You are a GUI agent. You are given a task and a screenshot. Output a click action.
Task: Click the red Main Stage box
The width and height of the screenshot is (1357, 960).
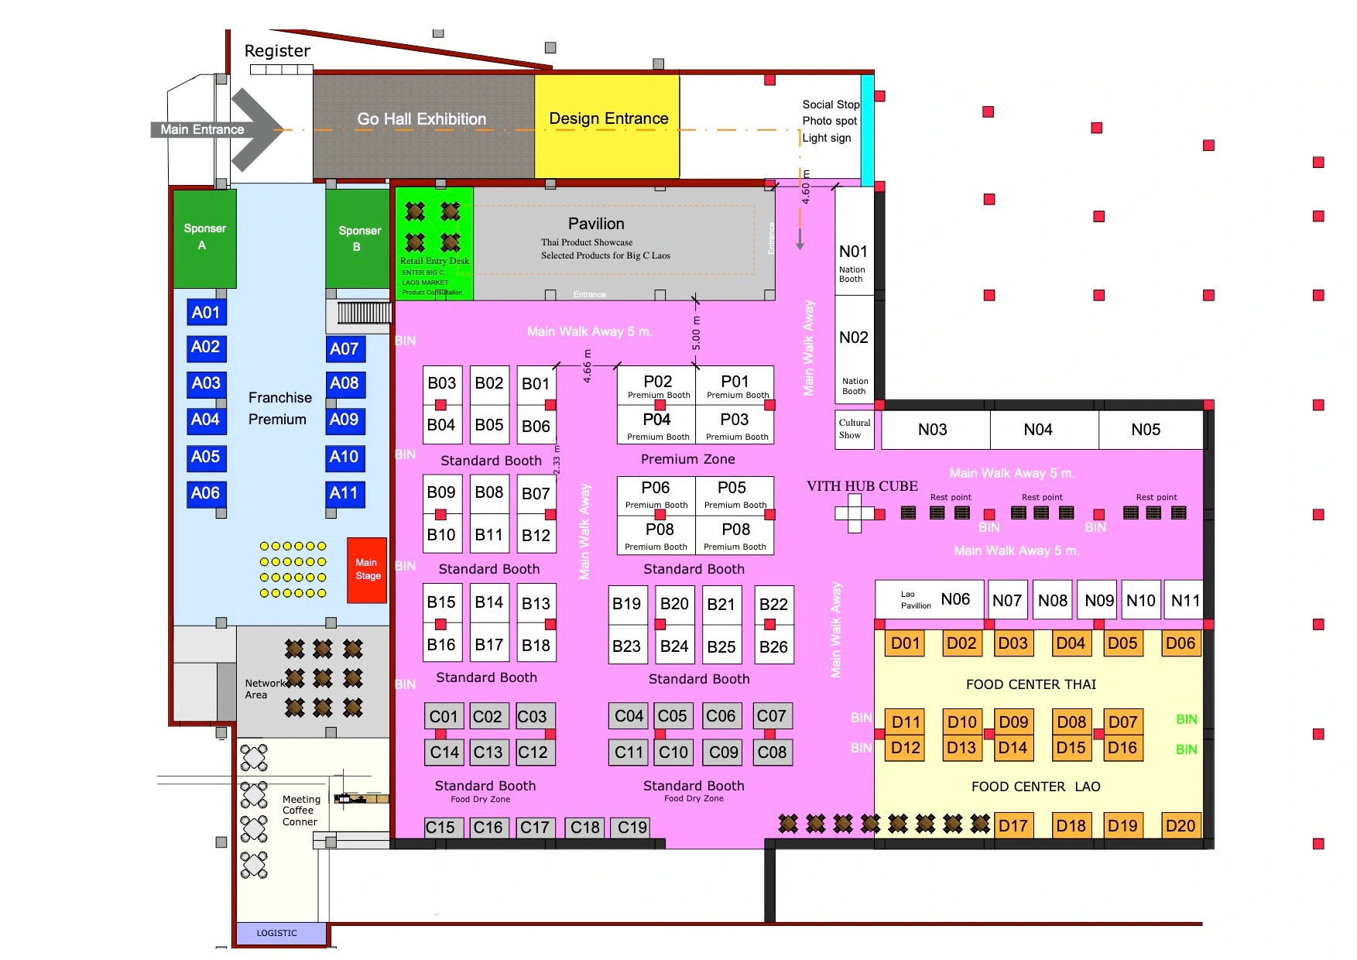(366, 570)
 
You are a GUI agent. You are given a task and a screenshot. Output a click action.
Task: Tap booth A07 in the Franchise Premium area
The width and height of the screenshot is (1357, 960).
(344, 349)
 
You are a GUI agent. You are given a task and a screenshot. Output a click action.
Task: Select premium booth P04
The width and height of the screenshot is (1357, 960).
(656, 424)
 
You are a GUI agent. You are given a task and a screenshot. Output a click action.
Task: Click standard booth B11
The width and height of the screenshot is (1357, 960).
(489, 535)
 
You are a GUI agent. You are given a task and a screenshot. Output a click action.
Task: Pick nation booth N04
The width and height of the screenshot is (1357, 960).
(1038, 430)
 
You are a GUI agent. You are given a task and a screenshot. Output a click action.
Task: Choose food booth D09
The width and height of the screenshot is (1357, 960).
(1013, 722)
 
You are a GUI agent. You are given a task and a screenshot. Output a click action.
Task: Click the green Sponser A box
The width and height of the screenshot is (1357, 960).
(204, 237)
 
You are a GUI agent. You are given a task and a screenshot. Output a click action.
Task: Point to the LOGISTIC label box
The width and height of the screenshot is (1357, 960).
(277, 933)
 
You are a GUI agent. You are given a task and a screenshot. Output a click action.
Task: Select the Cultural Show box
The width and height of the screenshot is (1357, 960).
(855, 429)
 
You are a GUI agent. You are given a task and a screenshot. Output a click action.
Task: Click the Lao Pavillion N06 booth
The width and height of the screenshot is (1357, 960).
(930, 599)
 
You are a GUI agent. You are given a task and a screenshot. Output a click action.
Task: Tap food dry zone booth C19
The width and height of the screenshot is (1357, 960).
(632, 828)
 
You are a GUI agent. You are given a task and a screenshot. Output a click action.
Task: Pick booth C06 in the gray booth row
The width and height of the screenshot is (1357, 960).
(721, 716)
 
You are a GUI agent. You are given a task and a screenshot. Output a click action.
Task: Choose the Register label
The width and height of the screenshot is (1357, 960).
(277, 51)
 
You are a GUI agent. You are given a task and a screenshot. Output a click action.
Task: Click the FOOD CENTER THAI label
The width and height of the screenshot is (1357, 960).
(1031, 684)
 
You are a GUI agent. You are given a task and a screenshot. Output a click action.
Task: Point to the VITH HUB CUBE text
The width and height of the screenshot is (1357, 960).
(862, 486)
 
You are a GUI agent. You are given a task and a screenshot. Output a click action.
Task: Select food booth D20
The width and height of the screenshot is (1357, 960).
(1180, 826)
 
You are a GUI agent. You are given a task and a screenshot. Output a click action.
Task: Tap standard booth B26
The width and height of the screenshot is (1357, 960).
(773, 646)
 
